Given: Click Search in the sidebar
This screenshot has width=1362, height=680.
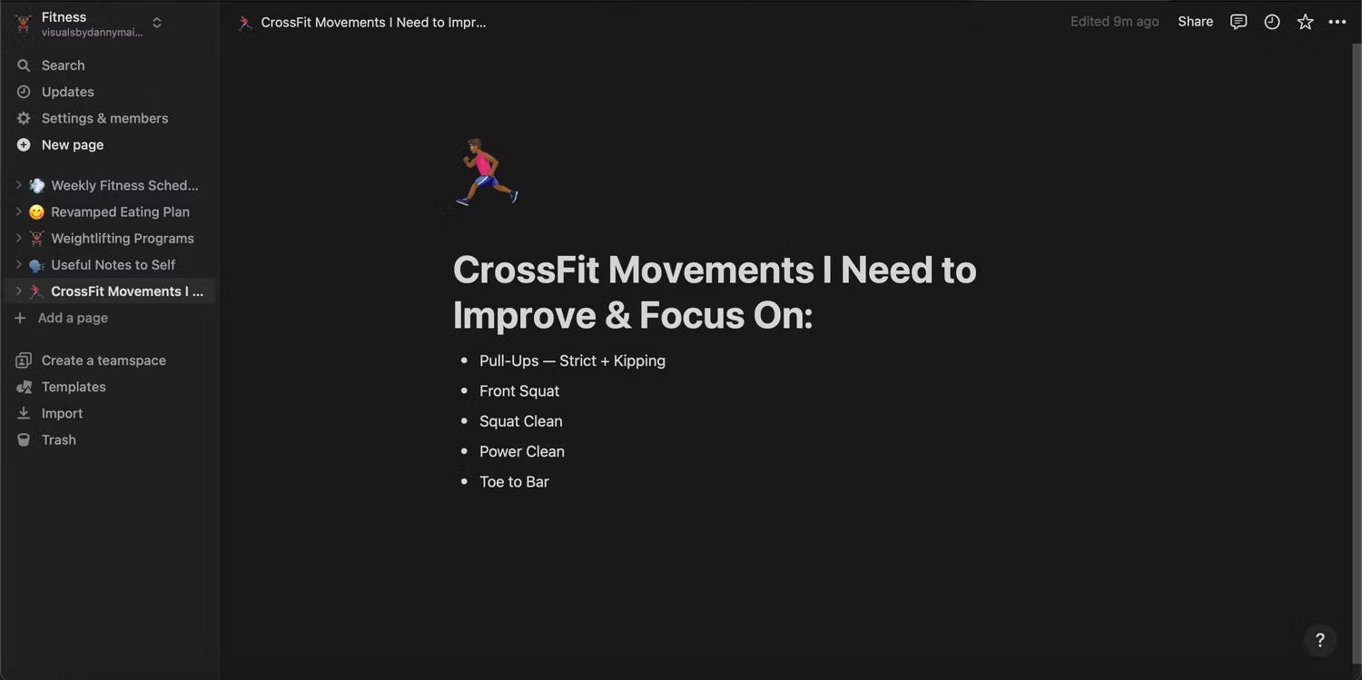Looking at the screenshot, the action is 63,65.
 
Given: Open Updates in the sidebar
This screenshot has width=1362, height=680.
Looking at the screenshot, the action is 67,92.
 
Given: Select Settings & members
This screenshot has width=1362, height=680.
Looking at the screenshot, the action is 104,119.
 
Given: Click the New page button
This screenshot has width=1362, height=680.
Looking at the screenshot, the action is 73,144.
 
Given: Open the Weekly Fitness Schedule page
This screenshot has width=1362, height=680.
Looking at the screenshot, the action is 124,185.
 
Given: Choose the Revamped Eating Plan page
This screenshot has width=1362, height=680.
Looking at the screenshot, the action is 121,212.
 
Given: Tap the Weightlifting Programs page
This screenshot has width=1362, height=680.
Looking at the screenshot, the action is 123,238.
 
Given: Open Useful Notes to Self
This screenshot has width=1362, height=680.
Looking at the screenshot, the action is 113,265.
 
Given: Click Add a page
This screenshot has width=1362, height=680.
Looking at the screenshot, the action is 73,318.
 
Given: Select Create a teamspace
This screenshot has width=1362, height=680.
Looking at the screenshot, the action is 104,360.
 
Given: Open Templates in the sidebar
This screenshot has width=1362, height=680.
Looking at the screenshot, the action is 74,387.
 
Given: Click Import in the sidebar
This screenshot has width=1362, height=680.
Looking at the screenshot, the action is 62,413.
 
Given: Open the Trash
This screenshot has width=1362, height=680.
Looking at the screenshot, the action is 58,440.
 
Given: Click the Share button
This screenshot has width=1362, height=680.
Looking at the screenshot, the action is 1195,22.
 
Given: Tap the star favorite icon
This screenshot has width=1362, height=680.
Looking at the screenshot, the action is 1305,22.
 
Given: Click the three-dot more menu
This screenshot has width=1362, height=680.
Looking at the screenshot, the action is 1337,22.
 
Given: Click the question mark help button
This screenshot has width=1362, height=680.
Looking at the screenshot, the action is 1320,640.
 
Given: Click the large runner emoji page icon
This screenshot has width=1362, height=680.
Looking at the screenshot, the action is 487,172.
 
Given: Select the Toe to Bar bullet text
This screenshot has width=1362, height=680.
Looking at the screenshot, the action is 514,482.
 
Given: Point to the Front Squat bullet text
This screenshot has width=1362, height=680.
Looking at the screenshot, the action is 518,391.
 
